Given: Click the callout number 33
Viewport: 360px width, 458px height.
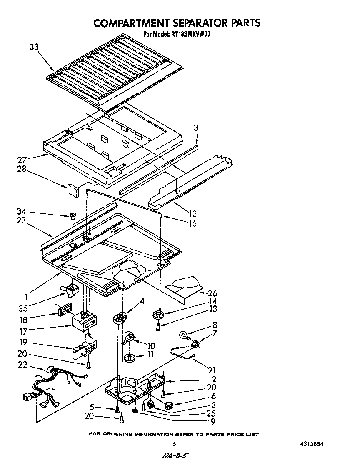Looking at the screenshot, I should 34,47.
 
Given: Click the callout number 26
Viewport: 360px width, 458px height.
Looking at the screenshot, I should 212,293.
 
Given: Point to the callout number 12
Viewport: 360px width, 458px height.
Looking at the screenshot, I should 192,213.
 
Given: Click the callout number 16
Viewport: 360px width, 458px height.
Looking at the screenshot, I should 192,223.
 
